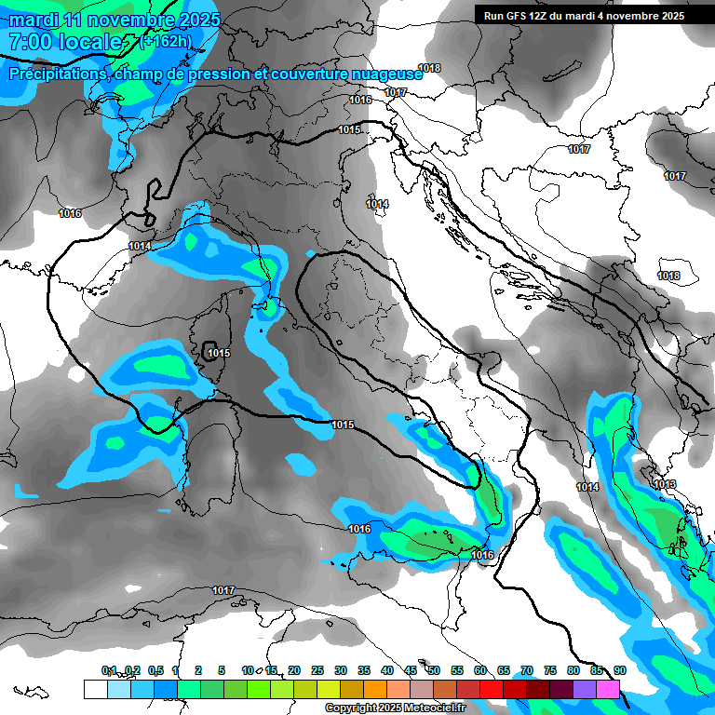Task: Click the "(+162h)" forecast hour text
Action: tap(167, 41)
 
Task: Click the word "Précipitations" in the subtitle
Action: tap(56, 74)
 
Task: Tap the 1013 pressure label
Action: tap(665, 485)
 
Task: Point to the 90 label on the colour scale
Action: tap(620, 670)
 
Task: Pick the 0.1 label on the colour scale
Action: tap(109, 670)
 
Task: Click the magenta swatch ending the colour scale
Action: tap(608, 689)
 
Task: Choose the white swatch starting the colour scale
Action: tap(95, 689)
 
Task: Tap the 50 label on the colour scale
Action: tap(434, 670)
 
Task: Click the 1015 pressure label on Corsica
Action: tap(219, 353)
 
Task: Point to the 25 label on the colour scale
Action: tap(317, 670)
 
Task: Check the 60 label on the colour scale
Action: tap(480, 670)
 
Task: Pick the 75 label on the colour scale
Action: tap(550, 670)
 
